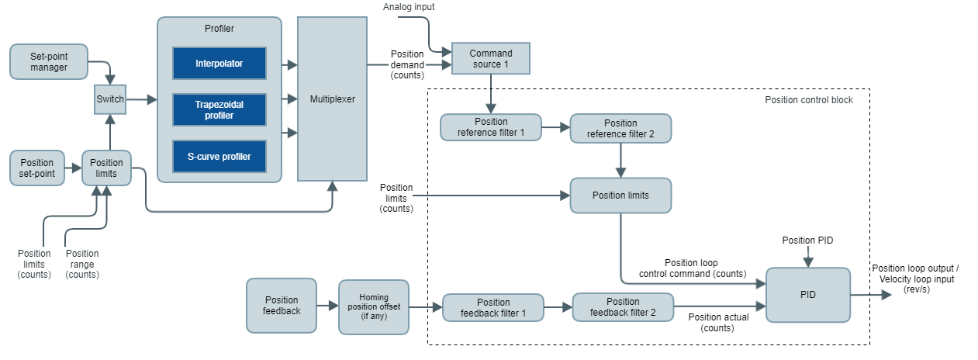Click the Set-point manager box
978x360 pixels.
(x=49, y=61)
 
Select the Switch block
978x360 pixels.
(x=109, y=99)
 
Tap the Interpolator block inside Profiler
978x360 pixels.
(x=219, y=63)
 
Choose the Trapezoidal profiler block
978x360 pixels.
(x=219, y=109)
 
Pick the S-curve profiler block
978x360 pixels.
(x=219, y=157)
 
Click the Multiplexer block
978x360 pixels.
(x=333, y=99)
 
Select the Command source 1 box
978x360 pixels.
(x=491, y=58)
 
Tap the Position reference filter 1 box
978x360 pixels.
(x=491, y=127)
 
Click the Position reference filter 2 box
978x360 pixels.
(x=620, y=129)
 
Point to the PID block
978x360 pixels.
(x=807, y=295)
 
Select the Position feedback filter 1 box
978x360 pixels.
(x=493, y=308)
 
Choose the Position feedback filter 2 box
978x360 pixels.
(x=623, y=307)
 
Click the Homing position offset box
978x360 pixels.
(x=373, y=307)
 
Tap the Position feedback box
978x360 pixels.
(x=282, y=306)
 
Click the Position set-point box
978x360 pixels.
(x=37, y=168)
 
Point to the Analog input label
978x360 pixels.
(x=410, y=7)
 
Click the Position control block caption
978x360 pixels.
(x=808, y=100)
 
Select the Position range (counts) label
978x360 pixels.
(x=82, y=264)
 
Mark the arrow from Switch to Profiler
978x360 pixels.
(x=140, y=99)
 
